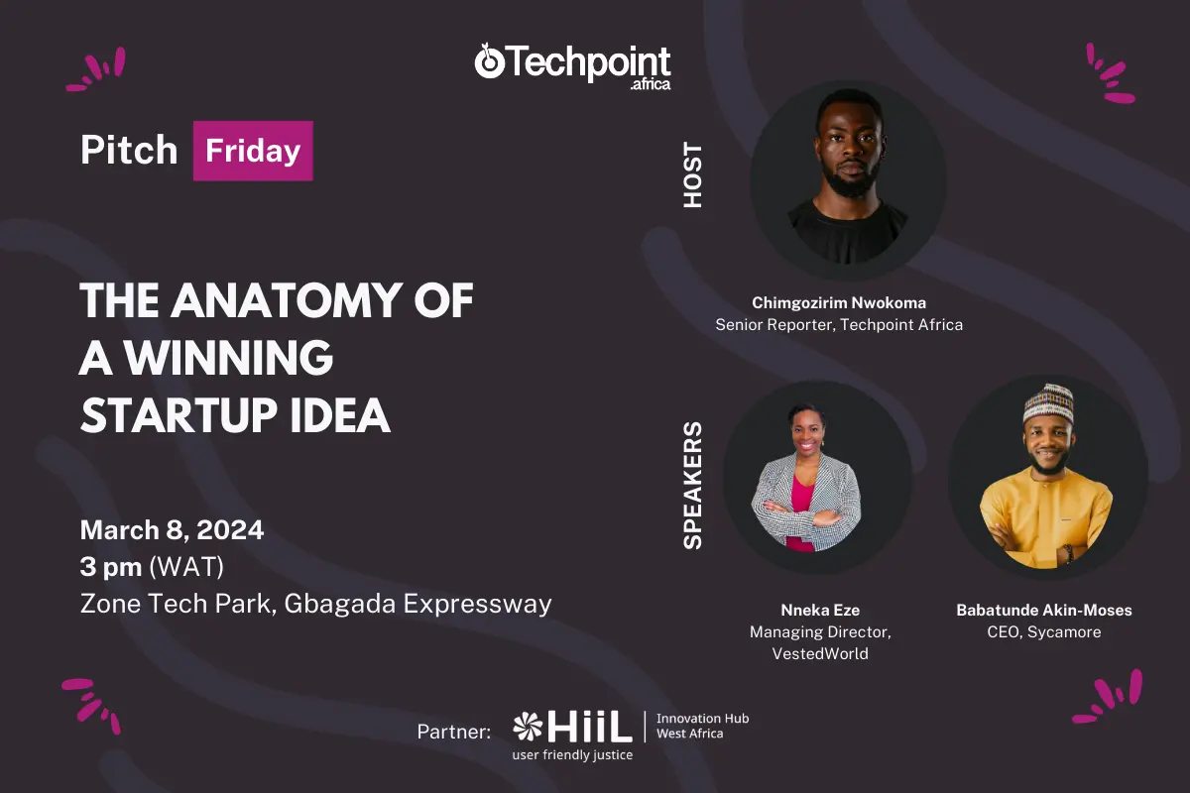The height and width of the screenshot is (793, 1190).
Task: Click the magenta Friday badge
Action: tap(253, 151)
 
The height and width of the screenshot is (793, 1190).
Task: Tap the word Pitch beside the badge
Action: tap(129, 150)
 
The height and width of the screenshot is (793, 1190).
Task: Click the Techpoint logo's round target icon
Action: tap(489, 62)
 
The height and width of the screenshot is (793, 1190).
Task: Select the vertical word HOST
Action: tap(693, 174)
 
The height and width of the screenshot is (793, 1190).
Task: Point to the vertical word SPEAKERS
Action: tap(693, 486)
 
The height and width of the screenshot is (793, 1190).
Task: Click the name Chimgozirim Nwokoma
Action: tap(839, 302)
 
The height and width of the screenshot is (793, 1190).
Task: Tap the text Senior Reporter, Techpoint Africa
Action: tap(839, 324)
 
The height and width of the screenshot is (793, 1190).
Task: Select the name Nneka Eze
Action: tap(820, 610)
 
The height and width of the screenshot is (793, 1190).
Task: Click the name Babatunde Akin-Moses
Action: tap(1044, 610)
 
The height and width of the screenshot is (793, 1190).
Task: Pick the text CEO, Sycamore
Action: tap(1044, 632)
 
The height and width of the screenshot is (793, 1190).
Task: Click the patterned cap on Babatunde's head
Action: tap(1048, 403)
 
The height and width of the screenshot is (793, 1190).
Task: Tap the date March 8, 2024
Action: tap(172, 530)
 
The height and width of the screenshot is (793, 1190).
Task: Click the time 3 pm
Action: tap(111, 567)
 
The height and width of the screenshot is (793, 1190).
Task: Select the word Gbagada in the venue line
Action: tap(340, 604)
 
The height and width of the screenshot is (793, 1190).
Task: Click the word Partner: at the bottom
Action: tap(454, 732)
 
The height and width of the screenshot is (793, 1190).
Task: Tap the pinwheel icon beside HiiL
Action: tap(528, 726)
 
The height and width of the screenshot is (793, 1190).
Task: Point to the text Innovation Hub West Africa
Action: tap(702, 726)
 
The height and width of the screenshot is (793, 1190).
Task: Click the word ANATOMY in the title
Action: tap(287, 300)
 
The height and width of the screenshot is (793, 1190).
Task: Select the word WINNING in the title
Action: tap(229, 358)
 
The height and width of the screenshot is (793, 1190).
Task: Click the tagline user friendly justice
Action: tap(573, 754)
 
